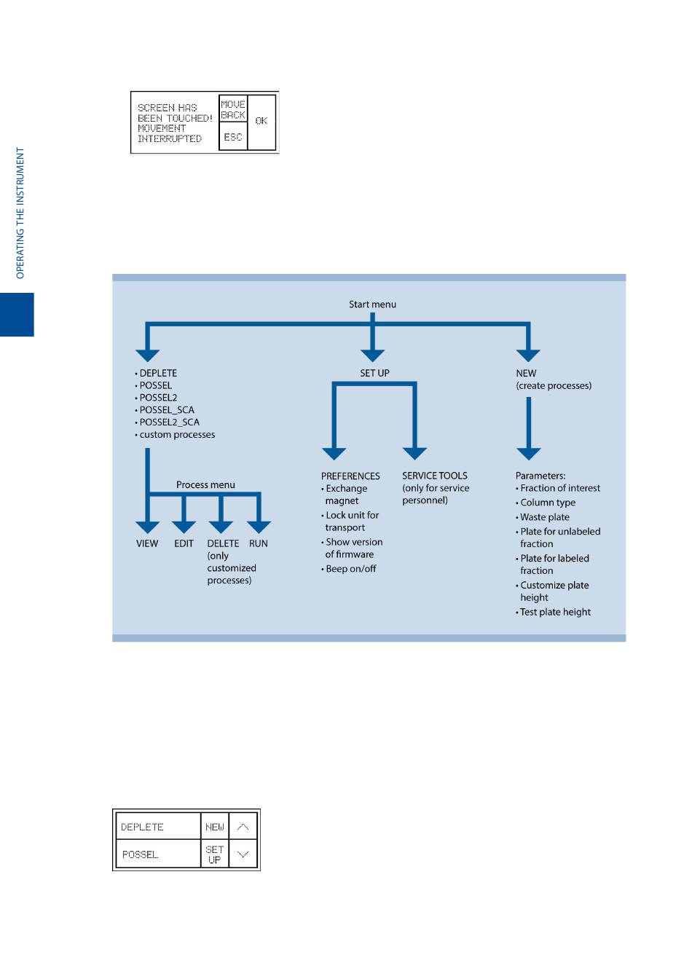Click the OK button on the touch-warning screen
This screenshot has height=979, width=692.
262,122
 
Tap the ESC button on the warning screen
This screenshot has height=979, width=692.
233,137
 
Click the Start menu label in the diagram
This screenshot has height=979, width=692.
372,304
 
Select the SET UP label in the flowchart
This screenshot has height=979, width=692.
374,373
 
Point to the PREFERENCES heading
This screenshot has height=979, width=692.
350,476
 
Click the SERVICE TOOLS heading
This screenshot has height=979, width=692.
435,476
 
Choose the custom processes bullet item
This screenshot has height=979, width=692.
177,435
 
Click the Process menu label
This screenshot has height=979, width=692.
205,485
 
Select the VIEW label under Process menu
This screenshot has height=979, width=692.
147,544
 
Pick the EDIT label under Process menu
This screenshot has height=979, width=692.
184,544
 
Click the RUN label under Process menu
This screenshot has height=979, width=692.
259,544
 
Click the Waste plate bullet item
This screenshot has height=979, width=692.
545,517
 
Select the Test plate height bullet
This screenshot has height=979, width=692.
555,613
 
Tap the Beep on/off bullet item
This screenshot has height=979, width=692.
350,569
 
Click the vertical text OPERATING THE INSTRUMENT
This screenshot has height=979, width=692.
20,213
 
